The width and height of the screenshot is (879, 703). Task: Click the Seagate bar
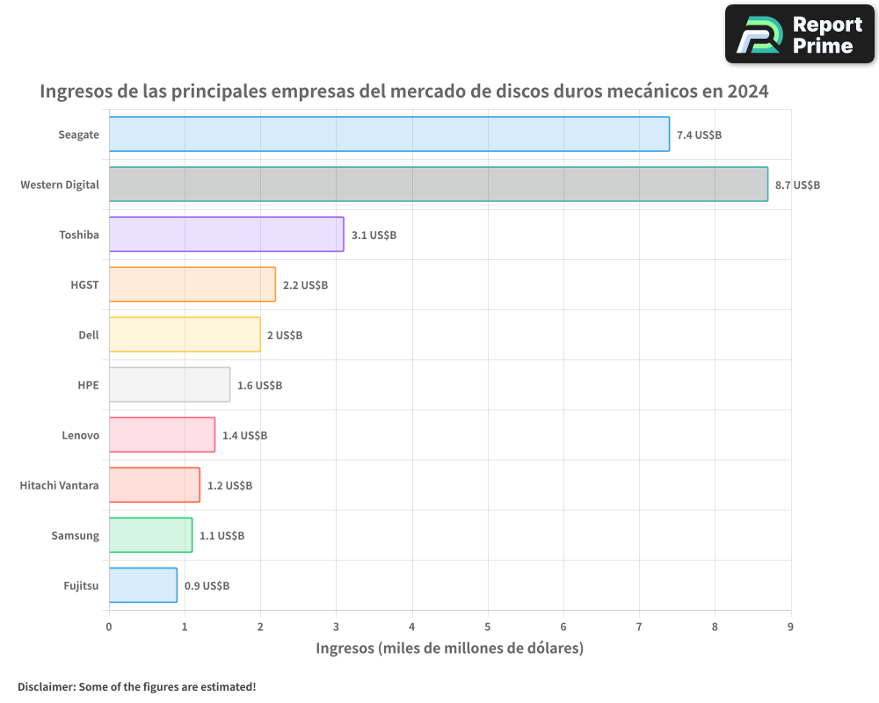click(x=389, y=134)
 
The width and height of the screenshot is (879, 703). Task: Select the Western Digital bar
click(x=438, y=185)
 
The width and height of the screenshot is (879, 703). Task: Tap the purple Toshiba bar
click(x=226, y=235)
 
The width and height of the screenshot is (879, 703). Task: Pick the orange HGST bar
click(x=192, y=285)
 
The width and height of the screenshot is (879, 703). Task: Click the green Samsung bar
click(x=150, y=535)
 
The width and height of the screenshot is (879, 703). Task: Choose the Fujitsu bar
click(x=142, y=585)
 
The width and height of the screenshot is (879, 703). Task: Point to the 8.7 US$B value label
click(x=797, y=185)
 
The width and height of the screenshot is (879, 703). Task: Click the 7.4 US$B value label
click(x=699, y=135)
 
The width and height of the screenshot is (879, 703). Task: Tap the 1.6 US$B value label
click(x=259, y=386)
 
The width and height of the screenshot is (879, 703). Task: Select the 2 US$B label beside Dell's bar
click(x=285, y=336)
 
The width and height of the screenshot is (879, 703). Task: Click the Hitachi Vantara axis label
click(x=59, y=485)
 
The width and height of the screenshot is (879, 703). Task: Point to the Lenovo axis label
click(x=80, y=435)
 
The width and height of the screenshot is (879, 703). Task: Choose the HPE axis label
click(x=88, y=385)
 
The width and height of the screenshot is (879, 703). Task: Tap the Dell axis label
click(x=89, y=335)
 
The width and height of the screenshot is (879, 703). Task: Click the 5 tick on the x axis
click(x=488, y=627)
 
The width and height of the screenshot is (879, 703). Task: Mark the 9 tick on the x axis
click(x=790, y=627)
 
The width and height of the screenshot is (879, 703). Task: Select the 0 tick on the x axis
click(x=109, y=627)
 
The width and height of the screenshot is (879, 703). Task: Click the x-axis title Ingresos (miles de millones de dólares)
click(x=449, y=649)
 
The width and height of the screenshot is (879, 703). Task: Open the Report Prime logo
click(x=799, y=34)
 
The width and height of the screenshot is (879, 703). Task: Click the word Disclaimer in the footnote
click(x=46, y=686)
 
